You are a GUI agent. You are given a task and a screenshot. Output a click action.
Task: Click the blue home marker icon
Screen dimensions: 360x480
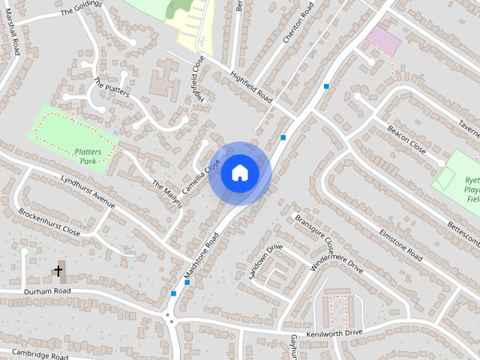click(x=239, y=172)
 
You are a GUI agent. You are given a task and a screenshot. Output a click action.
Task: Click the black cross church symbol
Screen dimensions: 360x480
click(x=58, y=271)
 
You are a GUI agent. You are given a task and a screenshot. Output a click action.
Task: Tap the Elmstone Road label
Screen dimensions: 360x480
click(x=401, y=244)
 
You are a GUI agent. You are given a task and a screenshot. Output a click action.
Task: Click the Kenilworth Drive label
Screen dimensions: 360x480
click(x=334, y=332)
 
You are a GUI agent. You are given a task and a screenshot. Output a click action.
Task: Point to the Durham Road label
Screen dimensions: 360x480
click(x=46, y=290)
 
